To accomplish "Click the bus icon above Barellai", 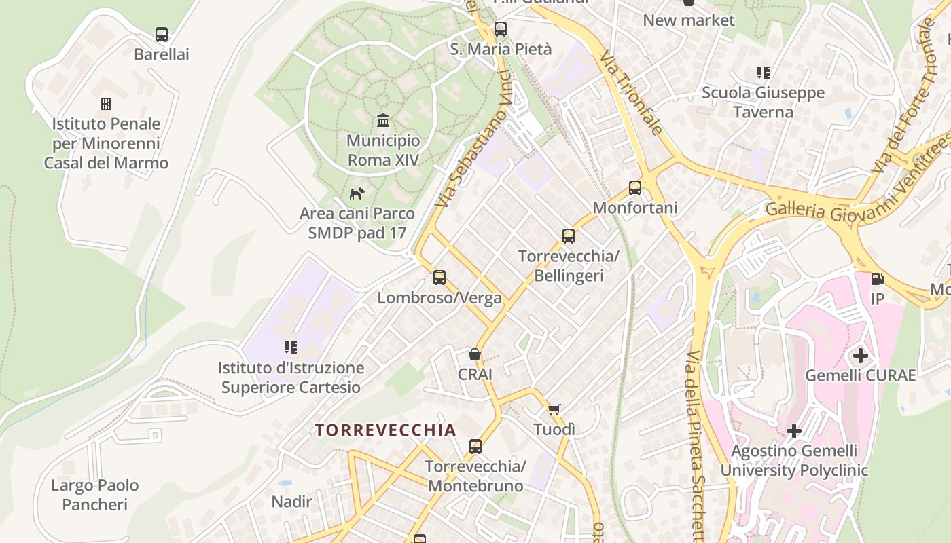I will click(x=161, y=34).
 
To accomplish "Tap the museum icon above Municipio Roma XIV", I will click(x=383, y=120).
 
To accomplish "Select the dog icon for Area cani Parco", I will click(x=357, y=193).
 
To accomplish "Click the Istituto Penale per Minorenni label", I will click(x=106, y=143).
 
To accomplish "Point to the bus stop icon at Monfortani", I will click(x=635, y=187).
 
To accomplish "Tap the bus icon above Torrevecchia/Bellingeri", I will click(x=569, y=236).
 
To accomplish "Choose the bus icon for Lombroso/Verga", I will click(x=439, y=277).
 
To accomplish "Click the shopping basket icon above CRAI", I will click(x=475, y=354).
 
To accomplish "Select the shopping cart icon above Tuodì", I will click(x=554, y=409).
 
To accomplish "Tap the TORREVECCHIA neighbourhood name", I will click(x=385, y=430).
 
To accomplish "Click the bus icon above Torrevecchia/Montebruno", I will click(x=475, y=446).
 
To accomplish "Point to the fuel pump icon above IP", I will click(x=877, y=278).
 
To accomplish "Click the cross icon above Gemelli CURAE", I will click(x=861, y=355).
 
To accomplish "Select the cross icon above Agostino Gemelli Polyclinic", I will click(x=794, y=430).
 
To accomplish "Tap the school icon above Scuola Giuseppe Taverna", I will click(x=764, y=72).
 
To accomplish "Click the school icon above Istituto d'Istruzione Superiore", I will click(x=291, y=348).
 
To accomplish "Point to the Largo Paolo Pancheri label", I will click(x=95, y=495).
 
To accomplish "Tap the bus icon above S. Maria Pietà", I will click(x=501, y=29).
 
